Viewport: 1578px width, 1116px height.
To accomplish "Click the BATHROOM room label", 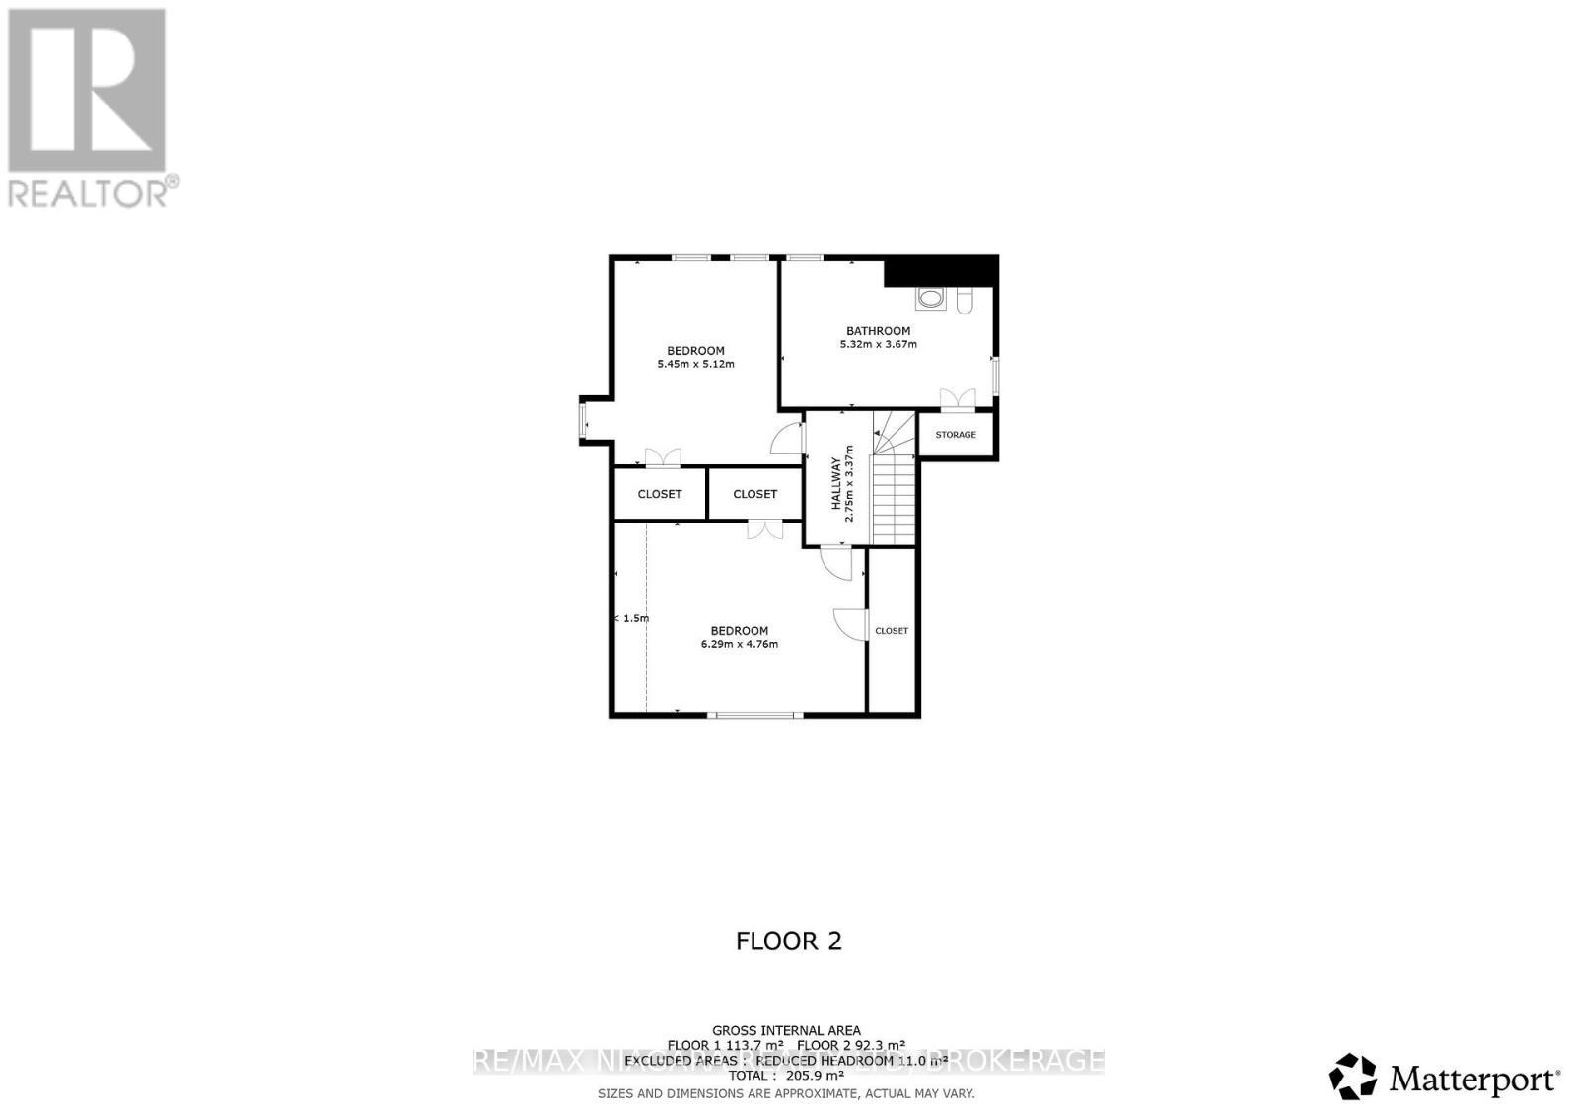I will (x=878, y=331).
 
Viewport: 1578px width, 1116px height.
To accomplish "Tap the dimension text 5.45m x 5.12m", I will (x=695, y=364).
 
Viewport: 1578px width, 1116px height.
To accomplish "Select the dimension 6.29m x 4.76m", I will (x=739, y=644).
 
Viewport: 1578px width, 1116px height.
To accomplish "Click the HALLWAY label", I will (x=835, y=483).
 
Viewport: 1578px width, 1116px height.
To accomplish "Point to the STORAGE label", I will (x=955, y=435).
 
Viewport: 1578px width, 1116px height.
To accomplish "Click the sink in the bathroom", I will (x=930, y=298).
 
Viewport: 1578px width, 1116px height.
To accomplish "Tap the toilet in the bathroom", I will (x=965, y=300).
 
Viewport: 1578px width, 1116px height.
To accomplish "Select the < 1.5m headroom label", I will (x=632, y=618).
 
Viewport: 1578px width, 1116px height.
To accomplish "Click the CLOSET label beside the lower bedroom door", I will (x=891, y=631).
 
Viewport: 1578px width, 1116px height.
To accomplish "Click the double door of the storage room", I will (x=957, y=399).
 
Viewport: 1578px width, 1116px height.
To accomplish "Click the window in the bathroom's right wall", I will (x=995, y=375).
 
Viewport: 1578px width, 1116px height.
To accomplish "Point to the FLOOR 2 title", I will (x=788, y=941).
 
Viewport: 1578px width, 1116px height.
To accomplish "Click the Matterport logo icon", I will (x=1352, y=1076).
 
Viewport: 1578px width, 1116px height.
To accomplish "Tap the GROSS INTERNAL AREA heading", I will (x=786, y=1031).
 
